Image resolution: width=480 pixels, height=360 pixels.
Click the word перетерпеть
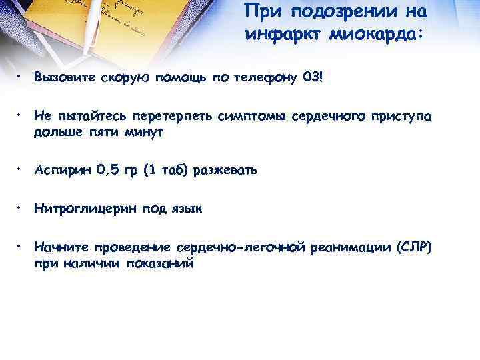click(169, 117)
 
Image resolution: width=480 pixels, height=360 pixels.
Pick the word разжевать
click(227, 171)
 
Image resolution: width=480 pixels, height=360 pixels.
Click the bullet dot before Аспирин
click(22, 169)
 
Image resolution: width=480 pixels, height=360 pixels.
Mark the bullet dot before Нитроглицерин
click(22, 207)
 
